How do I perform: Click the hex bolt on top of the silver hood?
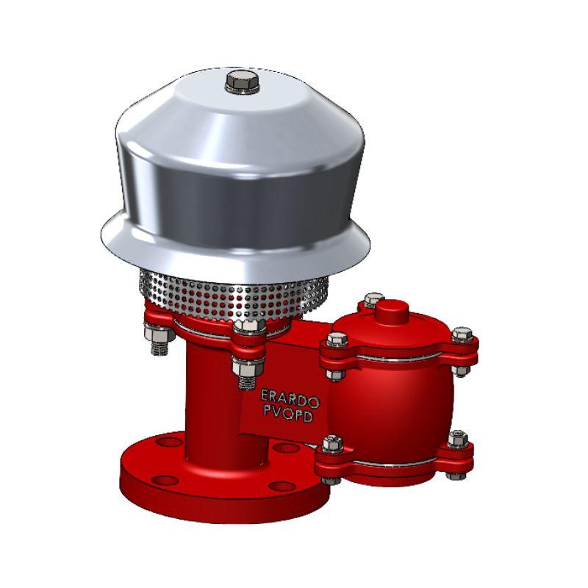click(243, 82)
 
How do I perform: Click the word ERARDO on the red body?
click(290, 398)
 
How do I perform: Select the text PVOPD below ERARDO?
click(288, 413)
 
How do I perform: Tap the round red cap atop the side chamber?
click(392, 311)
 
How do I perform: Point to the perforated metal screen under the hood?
click(233, 295)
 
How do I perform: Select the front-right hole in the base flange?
click(282, 487)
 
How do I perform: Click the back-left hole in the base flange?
click(169, 442)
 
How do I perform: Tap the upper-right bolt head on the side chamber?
click(462, 334)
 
